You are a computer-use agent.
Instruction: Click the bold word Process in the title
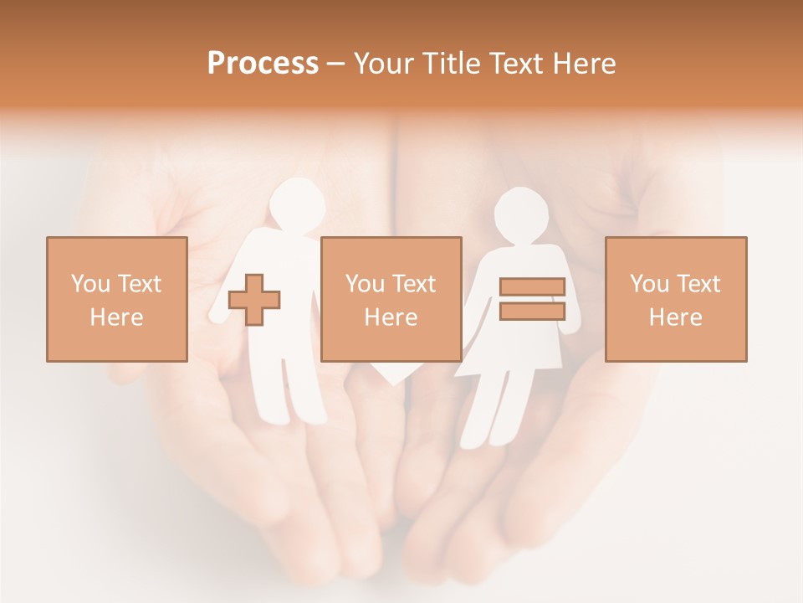[263, 64]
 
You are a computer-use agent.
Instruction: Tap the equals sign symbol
[532, 299]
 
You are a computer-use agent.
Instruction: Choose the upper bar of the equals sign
[532, 287]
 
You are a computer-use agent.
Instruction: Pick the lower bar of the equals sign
[532, 311]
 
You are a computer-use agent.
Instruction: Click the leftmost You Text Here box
[117, 299]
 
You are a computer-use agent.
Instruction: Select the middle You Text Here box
[391, 299]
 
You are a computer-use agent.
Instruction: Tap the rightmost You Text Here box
[676, 299]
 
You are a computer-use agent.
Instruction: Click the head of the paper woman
[524, 217]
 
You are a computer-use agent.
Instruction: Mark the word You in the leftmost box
[90, 284]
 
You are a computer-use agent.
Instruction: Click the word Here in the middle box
[391, 317]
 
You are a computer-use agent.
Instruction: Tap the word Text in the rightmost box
[697, 284]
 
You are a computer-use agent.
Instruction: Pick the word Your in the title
[384, 64]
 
